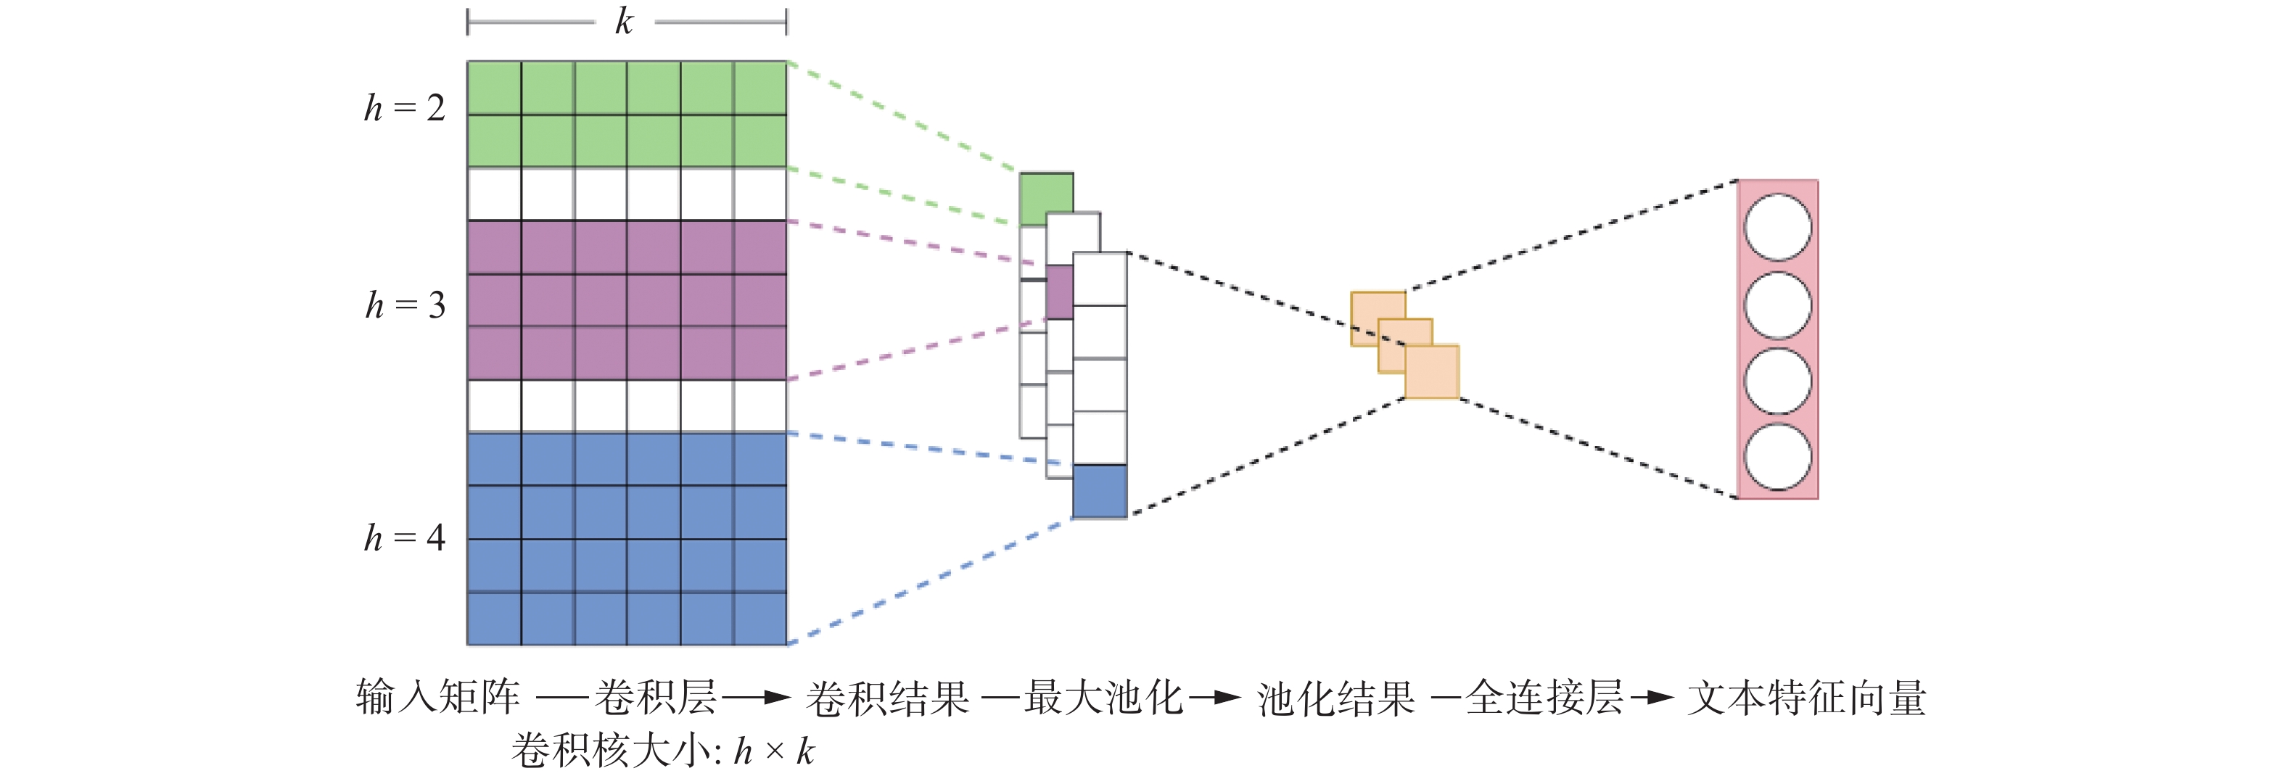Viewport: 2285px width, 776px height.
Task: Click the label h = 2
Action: tap(405, 108)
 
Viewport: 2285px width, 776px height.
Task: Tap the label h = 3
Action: tap(405, 305)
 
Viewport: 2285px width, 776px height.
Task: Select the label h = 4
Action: tap(405, 537)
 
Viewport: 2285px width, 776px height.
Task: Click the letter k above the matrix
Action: tap(625, 21)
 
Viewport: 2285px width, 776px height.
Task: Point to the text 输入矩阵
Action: tap(438, 697)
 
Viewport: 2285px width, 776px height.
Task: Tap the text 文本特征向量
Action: tap(1807, 698)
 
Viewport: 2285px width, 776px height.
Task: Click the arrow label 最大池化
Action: tap(1104, 698)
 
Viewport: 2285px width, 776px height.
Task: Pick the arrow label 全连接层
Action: tap(1544, 698)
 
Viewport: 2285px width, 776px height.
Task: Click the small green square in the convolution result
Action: tap(1046, 199)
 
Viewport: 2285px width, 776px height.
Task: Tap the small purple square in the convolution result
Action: tap(1059, 292)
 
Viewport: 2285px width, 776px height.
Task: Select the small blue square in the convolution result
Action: tap(1100, 491)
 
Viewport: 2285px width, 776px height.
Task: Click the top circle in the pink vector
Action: tap(1778, 228)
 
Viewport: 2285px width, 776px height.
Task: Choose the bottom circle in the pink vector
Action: tap(1778, 457)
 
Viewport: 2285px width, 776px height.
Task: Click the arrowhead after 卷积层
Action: tap(777, 698)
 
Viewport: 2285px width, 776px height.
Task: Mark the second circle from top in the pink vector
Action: tap(1778, 305)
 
